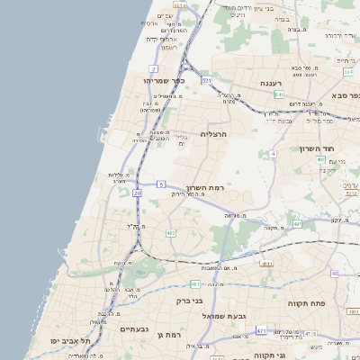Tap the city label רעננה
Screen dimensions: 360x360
click(x=273, y=82)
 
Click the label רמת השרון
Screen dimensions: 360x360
click(x=214, y=187)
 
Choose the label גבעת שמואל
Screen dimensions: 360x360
click(x=238, y=317)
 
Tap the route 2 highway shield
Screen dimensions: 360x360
click(x=154, y=68)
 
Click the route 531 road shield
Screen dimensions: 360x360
click(x=207, y=80)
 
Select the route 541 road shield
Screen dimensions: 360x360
click(x=279, y=94)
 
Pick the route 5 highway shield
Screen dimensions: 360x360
click(x=161, y=184)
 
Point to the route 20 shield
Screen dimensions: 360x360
click(x=137, y=193)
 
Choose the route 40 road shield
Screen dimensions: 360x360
click(x=335, y=273)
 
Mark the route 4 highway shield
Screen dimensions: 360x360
click(x=273, y=153)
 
